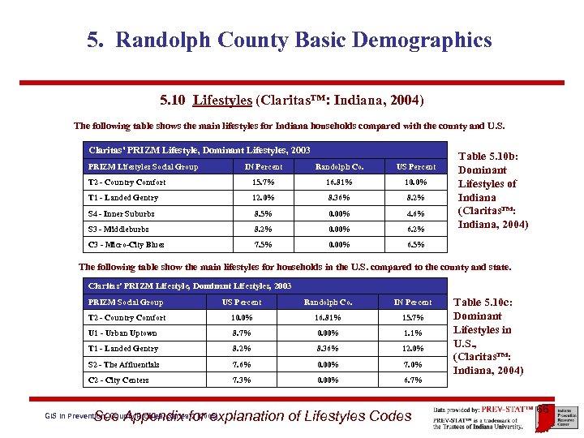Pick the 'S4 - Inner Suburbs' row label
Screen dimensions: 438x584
(121, 213)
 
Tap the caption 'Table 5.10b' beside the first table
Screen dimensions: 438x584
(494, 157)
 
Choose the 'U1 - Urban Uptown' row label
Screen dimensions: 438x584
(122, 333)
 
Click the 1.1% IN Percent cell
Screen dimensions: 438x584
(413, 333)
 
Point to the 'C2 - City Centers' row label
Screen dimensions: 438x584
(118, 380)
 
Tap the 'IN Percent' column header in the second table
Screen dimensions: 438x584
(413, 303)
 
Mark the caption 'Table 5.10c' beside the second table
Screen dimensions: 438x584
(487, 303)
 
